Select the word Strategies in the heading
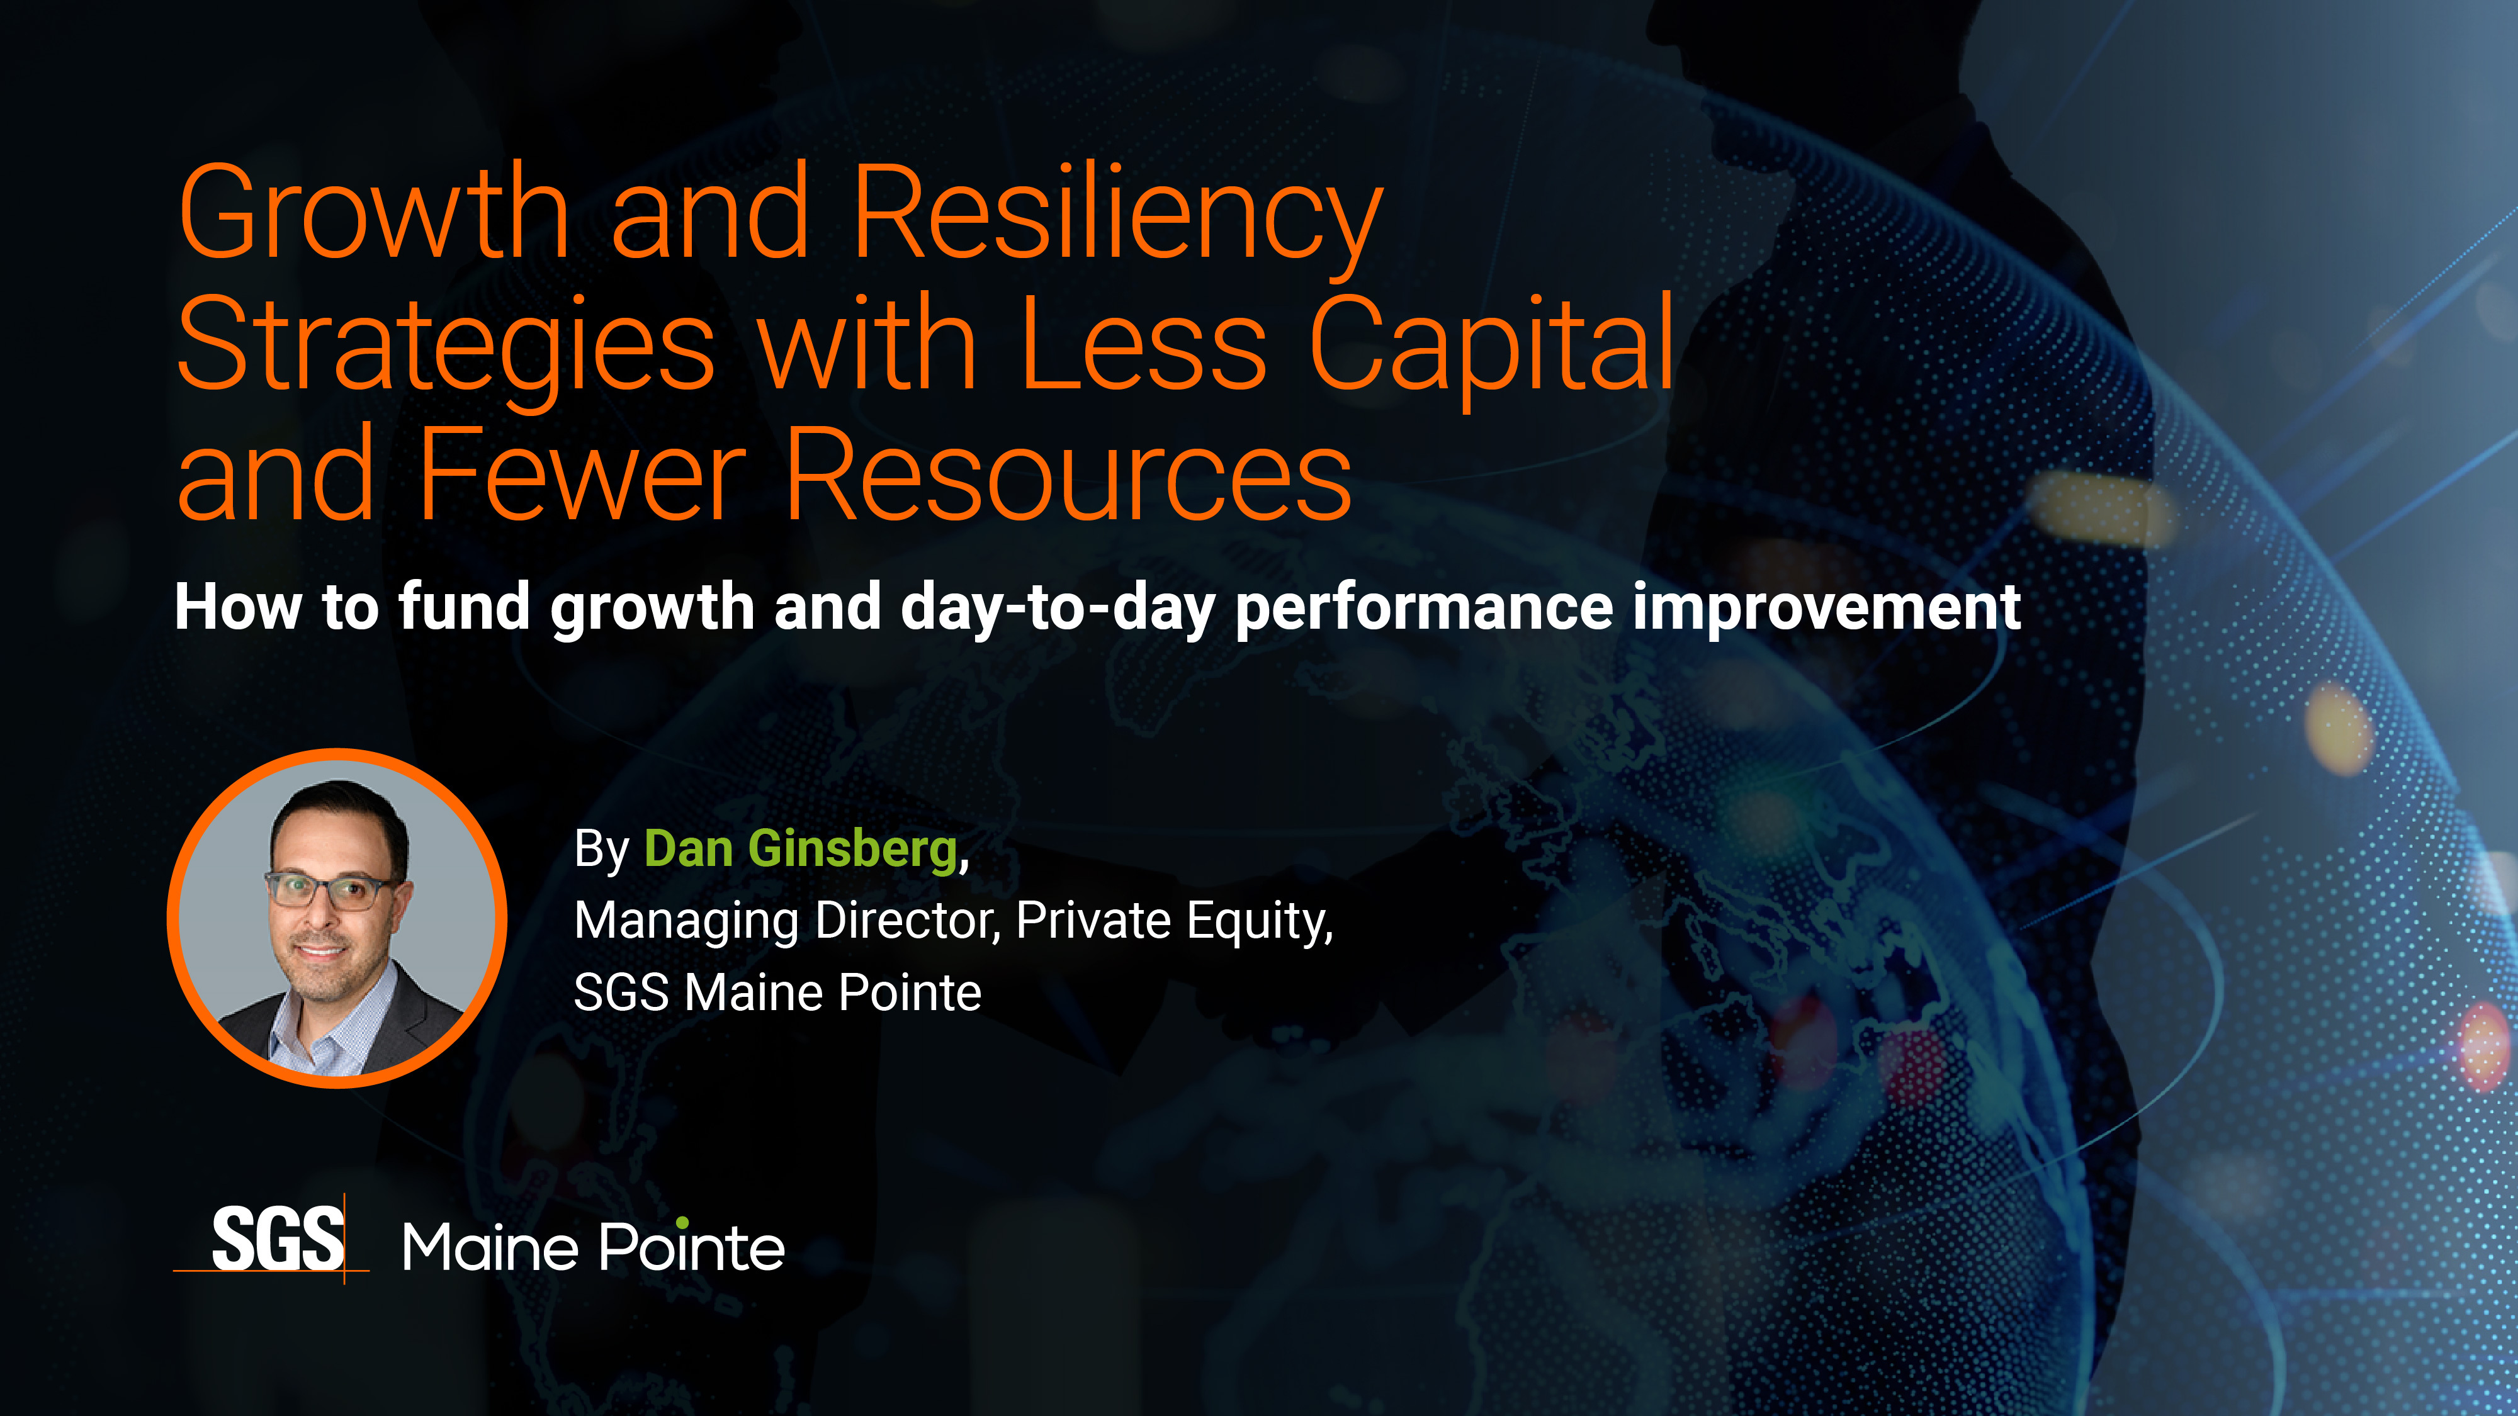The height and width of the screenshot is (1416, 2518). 446,347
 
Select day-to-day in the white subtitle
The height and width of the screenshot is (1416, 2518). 1058,608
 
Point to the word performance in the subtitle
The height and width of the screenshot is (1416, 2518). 1424,608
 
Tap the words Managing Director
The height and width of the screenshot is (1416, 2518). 787,921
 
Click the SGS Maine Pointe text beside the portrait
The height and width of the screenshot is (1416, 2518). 777,993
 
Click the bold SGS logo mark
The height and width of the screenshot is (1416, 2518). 278,1239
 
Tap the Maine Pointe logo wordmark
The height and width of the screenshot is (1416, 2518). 594,1248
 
